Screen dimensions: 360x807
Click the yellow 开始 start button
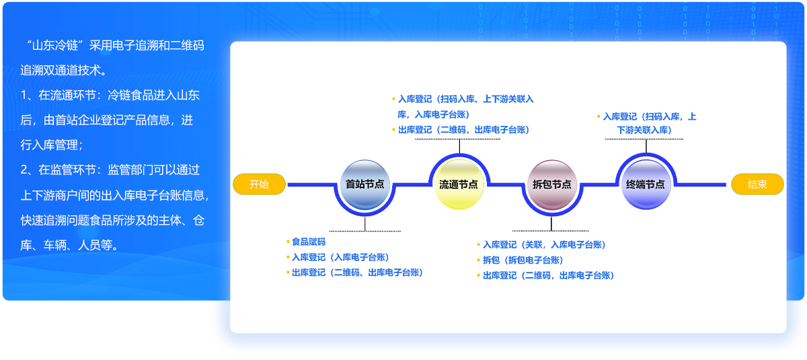(x=259, y=184)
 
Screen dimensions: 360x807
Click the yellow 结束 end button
(x=757, y=184)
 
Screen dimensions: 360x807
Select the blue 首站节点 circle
(x=364, y=184)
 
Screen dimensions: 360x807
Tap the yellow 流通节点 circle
(x=459, y=184)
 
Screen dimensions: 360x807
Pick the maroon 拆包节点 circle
(x=551, y=184)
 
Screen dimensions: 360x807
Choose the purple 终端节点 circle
(x=646, y=184)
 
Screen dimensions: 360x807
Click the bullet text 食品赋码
(x=309, y=241)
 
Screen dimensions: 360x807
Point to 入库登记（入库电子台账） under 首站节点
(x=340, y=257)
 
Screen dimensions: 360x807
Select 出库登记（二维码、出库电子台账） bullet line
(x=357, y=273)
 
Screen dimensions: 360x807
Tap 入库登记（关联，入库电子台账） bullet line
(x=544, y=244)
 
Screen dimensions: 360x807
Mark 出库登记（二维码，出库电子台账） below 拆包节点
(x=548, y=275)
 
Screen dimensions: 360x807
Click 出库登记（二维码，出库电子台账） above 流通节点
(x=463, y=130)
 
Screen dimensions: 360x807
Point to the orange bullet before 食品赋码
(x=288, y=241)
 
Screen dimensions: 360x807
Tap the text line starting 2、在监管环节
(x=110, y=170)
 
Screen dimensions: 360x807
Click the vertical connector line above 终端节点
(x=646, y=146)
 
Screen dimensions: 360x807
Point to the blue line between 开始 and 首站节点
(x=309, y=184)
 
